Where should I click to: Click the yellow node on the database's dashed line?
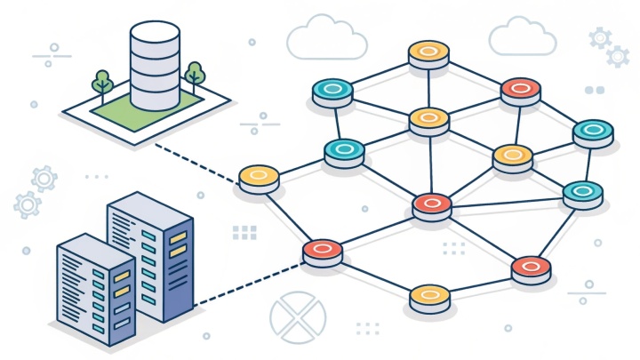[x=258, y=177]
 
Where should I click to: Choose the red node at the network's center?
[x=432, y=204]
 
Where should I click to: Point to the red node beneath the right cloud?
[x=520, y=88]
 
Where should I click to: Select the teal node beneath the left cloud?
[x=332, y=90]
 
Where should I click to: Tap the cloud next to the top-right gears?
[x=524, y=37]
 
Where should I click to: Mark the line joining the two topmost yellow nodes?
[x=428, y=86]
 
